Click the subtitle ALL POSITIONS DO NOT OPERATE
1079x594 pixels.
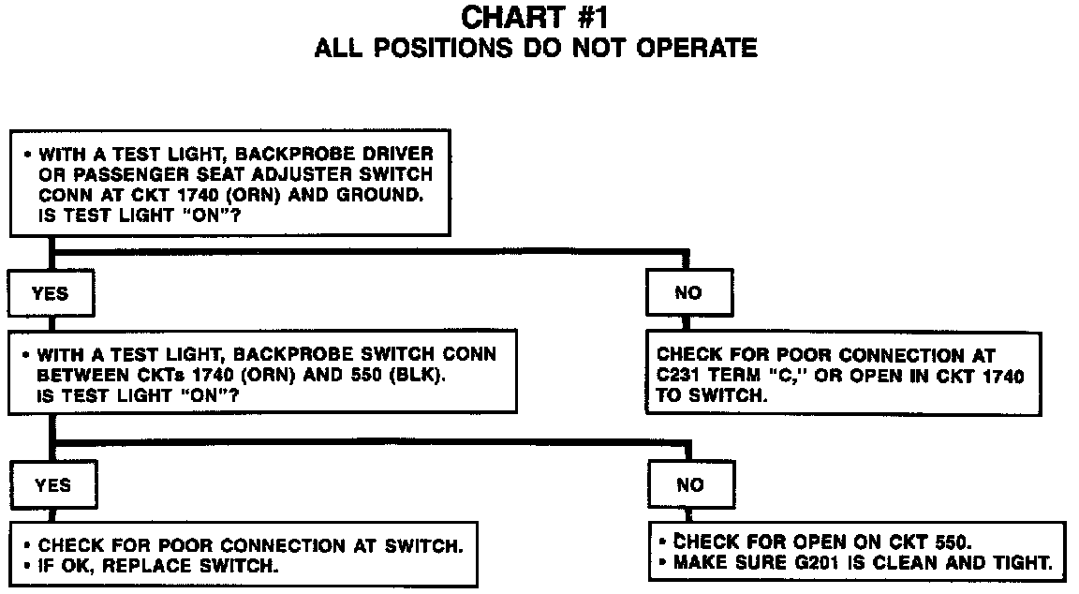click(536, 48)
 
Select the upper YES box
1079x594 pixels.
click(51, 293)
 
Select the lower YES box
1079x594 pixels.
click(52, 485)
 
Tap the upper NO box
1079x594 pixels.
click(687, 293)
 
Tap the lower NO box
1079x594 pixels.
click(689, 485)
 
